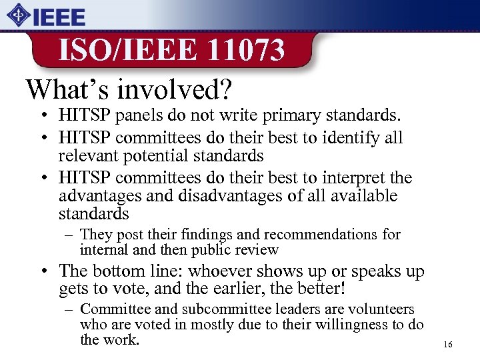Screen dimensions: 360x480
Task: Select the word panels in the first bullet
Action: (140, 116)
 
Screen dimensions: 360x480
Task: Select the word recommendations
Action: (323, 235)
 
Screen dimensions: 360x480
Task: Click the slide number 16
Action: (447, 345)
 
